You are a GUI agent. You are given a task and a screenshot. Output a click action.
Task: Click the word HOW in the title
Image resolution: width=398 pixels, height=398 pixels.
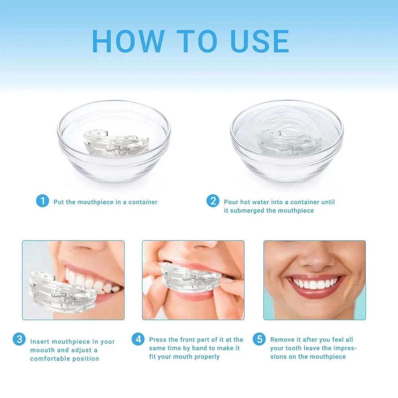pyautogui.click(x=128, y=41)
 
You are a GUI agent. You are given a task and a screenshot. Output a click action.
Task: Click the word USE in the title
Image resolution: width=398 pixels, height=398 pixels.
pyautogui.click(x=259, y=41)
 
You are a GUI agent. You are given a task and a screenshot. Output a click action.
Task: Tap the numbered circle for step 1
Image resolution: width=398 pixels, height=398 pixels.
pyautogui.click(x=42, y=201)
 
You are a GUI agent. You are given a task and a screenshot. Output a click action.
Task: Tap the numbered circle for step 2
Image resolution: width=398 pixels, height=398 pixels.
pyautogui.click(x=213, y=201)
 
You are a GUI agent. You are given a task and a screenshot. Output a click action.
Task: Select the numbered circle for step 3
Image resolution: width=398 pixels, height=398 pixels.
pyautogui.click(x=19, y=339)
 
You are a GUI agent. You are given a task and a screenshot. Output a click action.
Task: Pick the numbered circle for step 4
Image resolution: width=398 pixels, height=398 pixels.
pyautogui.click(x=138, y=339)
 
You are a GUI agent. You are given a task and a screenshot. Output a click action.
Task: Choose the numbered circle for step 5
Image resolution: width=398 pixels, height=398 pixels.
pyautogui.click(x=259, y=339)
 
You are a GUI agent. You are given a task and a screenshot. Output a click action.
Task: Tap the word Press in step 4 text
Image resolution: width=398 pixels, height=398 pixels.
pyautogui.click(x=158, y=339)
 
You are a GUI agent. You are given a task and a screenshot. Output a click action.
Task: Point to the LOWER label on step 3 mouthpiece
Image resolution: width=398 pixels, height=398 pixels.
pyautogui.click(x=44, y=303)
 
